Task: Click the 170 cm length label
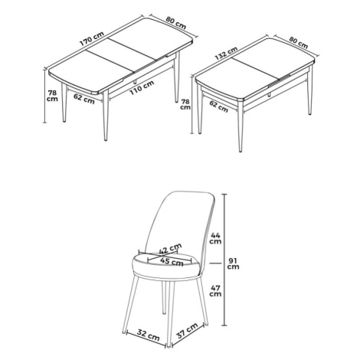pos(92,39)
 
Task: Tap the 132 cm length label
pos(227,53)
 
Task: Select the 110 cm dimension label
pos(142,87)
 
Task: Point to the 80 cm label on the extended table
pos(176,23)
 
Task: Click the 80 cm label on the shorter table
pos(298,42)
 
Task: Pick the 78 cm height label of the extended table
pos(52,96)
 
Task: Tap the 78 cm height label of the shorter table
pos(185,104)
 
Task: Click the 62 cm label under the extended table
pos(84,99)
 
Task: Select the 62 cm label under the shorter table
pos(218,106)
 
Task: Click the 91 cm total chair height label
pos(234,263)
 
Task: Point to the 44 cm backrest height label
pos(215,238)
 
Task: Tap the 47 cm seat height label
pos(215,291)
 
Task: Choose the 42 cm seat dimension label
pos(170,249)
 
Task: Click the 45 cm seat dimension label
pos(172,262)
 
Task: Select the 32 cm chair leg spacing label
pos(149,335)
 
